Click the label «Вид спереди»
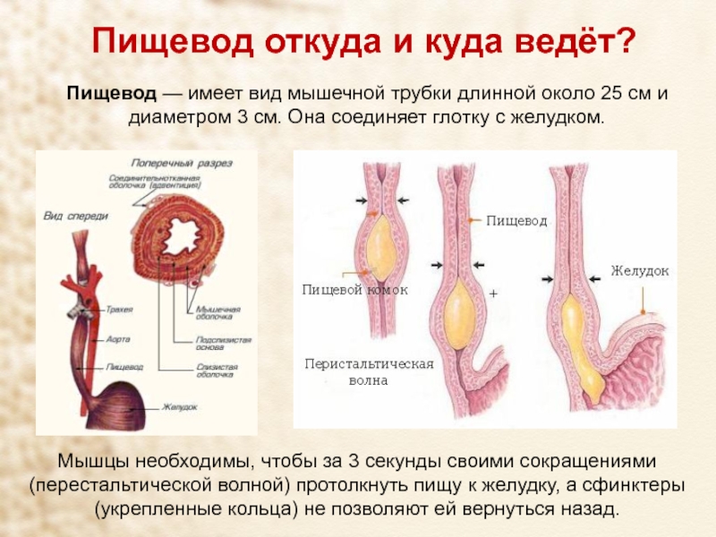tap(76, 216)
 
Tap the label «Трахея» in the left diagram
tap(119, 309)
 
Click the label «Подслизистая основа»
tap(223, 345)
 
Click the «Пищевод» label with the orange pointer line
tap(516, 219)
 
